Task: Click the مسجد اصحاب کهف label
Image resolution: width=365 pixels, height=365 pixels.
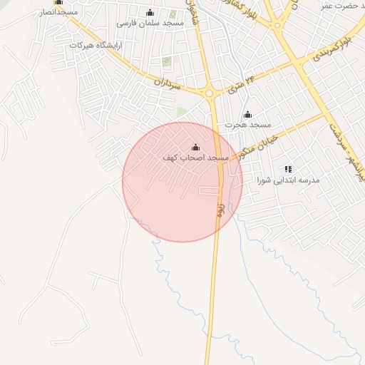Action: click(195, 158)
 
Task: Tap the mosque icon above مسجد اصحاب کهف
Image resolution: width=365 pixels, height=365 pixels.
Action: click(196, 148)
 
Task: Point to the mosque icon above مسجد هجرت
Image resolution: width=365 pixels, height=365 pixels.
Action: click(247, 115)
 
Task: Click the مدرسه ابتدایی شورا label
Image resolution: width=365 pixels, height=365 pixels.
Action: click(290, 180)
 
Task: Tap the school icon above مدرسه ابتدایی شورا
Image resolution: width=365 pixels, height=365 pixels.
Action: click(288, 169)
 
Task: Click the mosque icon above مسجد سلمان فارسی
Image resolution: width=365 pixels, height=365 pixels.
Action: click(150, 12)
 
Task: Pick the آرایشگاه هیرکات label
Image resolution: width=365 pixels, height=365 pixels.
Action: click(96, 45)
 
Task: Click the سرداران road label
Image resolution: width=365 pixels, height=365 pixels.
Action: click(169, 83)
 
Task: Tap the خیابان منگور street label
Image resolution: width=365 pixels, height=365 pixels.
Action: click(255, 143)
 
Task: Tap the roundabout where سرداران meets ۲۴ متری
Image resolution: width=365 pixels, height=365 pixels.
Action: click(210, 93)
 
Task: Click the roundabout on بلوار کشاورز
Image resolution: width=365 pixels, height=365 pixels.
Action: click(277, 24)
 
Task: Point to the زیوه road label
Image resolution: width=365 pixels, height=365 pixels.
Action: click(221, 208)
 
